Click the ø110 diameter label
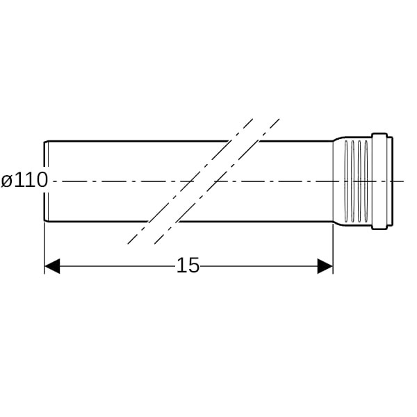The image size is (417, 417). click(x=24, y=180)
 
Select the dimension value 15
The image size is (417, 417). click(x=188, y=265)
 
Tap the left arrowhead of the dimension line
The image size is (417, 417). click(x=52, y=266)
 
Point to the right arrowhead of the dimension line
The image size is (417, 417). click(x=325, y=266)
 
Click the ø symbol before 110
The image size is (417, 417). click(x=7, y=181)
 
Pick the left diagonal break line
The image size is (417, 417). click(x=190, y=181)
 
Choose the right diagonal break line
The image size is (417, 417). click(x=217, y=181)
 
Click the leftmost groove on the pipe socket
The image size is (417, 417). click(x=346, y=181)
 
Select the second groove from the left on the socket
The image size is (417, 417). click(x=352, y=181)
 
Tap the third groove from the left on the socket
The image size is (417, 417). click(x=359, y=181)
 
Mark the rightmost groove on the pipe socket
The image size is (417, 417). click(x=366, y=181)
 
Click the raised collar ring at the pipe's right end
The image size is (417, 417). click(x=379, y=181)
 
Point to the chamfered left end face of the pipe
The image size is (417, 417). click(x=46, y=181)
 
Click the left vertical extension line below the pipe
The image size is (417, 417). click(x=44, y=248)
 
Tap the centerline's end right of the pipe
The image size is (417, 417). click(x=404, y=181)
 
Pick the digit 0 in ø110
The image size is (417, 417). click(x=42, y=180)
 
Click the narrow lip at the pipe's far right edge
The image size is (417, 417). click(x=391, y=181)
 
